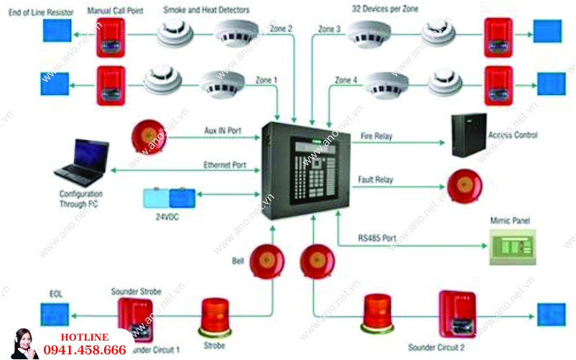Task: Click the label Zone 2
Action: click(x=281, y=29)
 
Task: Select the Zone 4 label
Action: click(x=345, y=80)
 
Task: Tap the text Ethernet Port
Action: click(x=224, y=165)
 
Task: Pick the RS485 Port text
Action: click(x=377, y=238)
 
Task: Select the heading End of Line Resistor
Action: click(x=40, y=12)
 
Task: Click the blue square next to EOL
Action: click(x=55, y=314)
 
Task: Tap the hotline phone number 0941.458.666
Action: click(x=85, y=350)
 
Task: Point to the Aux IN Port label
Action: click(x=222, y=131)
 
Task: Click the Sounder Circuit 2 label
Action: click(x=436, y=348)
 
